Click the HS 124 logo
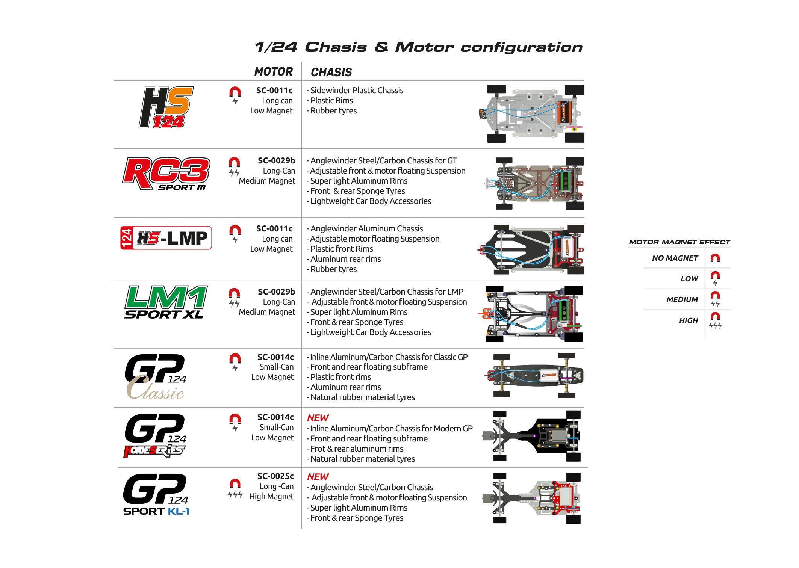[x=166, y=108]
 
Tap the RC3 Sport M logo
[x=166, y=174]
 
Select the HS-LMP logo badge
[x=166, y=238]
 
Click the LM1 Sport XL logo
[x=166, y=302]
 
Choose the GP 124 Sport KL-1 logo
[x=156, y=494]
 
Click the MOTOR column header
[x=273, y=71]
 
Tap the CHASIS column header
[x=331, y=72]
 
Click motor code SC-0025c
[x=275, y=476]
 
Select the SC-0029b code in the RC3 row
[x=276, y=160]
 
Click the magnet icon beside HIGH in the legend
[x=715, y=320]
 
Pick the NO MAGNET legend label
[x=675, y=258]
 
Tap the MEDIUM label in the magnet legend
[x=682, y=299]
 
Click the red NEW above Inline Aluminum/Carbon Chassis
[x=318, y=418]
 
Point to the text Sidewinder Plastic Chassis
[x=357, y=90]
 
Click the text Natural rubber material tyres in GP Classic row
[x=362, y=397]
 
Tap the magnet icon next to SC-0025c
[x=235, y=488]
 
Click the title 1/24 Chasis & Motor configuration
[x=418, y=47]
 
